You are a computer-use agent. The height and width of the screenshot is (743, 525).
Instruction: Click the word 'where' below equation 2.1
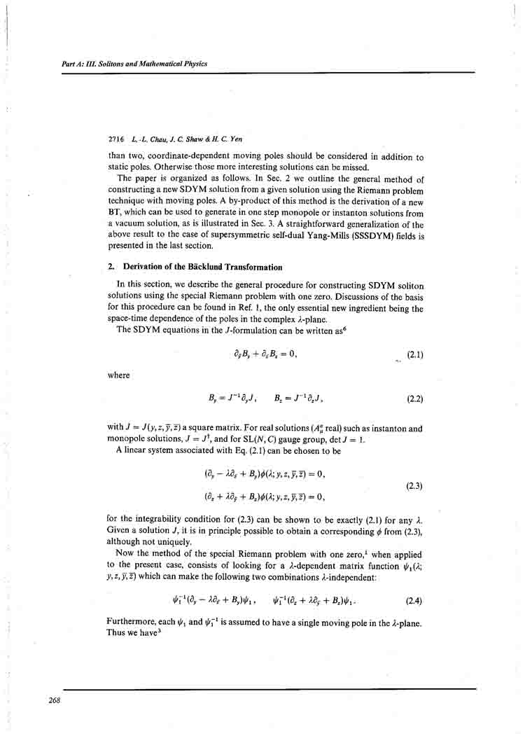(119, 375)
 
